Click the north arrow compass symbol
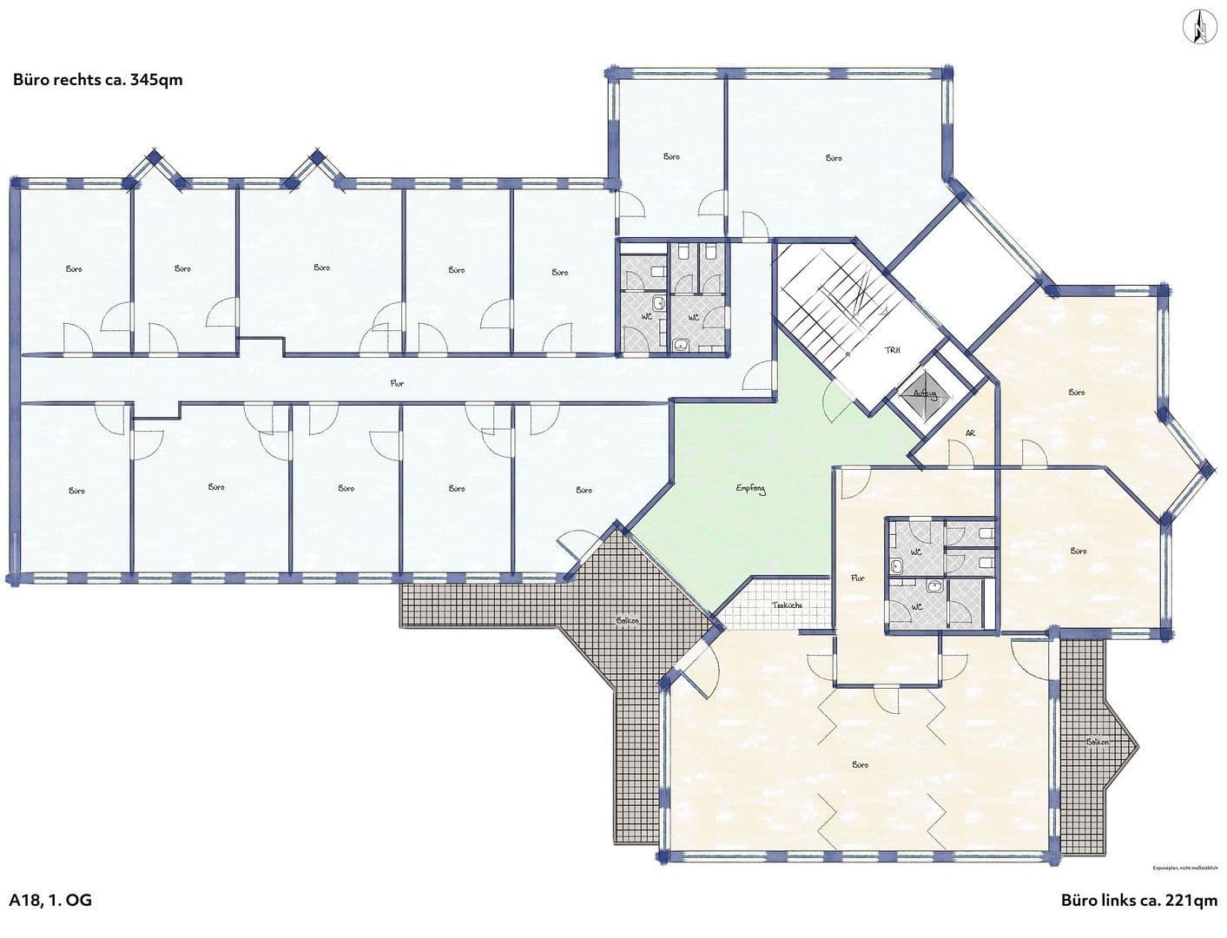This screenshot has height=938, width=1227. [x=1200, y=25]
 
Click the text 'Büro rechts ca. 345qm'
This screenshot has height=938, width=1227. [x=97, y=80]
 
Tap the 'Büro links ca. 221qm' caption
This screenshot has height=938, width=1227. [x=1138, y=900]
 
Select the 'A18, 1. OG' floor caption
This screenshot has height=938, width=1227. [x=50, y=900]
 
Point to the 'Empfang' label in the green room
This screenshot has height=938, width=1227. [x=750, y=490]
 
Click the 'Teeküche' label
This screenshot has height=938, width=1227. [x=787, y=604]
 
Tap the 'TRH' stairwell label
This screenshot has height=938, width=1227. [x=892, y=350]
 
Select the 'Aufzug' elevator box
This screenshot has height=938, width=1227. [x=924, y=393]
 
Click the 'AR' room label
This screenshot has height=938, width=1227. [x=970, y=433]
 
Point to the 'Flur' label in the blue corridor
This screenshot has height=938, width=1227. [x=397, y=383]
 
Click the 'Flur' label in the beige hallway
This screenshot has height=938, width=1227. [x=858, y=578]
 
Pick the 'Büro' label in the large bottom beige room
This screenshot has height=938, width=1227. [x=860, y=765]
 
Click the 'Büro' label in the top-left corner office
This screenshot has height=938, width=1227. [x=74, y=269]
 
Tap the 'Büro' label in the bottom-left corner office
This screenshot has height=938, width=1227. [x=76, y=491]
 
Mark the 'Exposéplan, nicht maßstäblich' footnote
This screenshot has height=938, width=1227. [x=1184, y=868]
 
